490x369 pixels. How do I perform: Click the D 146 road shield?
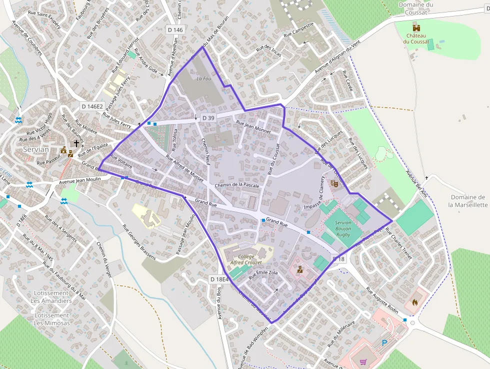pyautogui.click(x=175, y=30)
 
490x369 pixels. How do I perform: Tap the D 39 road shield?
pyautogui.click(x=208, y=118)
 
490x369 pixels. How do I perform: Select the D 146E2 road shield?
pyautogui.click(x=92, y=107)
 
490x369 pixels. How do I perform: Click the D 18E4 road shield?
pyautogui.click(x=219, y=279)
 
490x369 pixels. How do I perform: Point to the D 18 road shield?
pyautogui.click(x=338, y=259)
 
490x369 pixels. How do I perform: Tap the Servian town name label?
pyautogui.click(x=36, y=150)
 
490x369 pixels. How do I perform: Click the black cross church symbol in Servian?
pyautogui.click(x=76, y=144)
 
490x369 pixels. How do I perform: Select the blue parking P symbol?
pyautogui.click(x=384, y=343)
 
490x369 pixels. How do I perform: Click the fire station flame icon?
pyautogui.click(x=414, y=302)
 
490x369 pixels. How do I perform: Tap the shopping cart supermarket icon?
pyautogui.click(x=363, y=361)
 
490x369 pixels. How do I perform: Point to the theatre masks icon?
pyautogui.click(x=334, y=184)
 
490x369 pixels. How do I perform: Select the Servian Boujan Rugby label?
pyautogui.click(x=343, y=229)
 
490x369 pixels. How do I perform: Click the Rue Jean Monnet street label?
pyautogui.click(x=253, y=127)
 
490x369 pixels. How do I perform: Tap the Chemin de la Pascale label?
pyautogui.click(x=236, y=185)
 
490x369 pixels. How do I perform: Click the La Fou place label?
pyautogui.click(x=203, y=79)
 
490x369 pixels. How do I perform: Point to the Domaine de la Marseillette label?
pyautogui.click(x=467, y=201)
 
